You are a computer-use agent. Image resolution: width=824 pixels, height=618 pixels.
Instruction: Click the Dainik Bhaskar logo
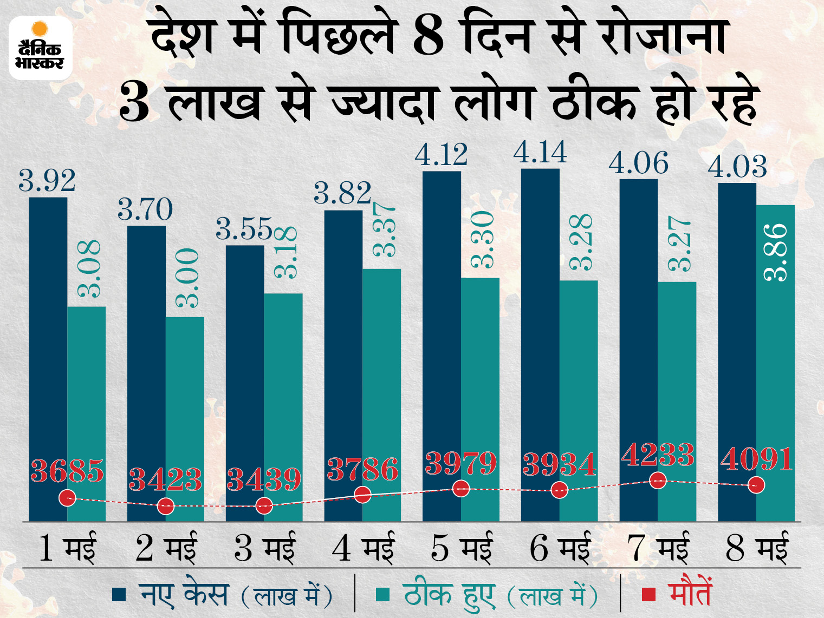[40, 48]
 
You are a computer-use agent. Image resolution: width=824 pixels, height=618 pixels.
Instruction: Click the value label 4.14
[540, 153]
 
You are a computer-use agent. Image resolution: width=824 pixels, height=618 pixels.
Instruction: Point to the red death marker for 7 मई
[658, 480]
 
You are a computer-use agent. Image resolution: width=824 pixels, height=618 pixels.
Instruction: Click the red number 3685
[67, 471]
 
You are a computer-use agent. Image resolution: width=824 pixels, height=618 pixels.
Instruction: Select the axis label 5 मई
[461, 547]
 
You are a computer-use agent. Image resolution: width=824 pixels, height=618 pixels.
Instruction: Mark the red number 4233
[658, 455]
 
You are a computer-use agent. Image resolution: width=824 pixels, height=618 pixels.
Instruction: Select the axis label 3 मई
[264, 547]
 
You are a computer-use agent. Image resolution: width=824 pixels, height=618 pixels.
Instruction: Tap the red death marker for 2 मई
[166, 507]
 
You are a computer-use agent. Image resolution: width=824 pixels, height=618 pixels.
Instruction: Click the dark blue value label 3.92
[47, 181]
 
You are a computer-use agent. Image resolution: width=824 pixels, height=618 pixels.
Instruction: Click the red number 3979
[461, 464]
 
